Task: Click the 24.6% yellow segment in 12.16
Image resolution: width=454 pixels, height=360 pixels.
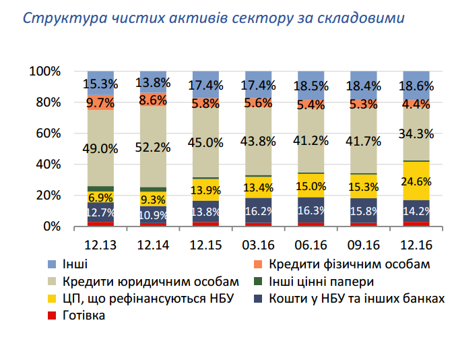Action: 416,181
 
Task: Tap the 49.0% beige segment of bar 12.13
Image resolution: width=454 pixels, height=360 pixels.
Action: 100,148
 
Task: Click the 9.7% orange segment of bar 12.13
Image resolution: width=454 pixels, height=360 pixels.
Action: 100,102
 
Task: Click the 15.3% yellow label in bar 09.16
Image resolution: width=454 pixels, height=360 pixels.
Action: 363,187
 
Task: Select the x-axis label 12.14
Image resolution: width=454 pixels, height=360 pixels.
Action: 152,245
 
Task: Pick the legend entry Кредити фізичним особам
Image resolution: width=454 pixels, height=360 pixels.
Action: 349,264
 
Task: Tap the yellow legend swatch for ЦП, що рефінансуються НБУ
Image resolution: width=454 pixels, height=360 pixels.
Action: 52,299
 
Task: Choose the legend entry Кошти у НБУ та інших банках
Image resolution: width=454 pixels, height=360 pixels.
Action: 356,299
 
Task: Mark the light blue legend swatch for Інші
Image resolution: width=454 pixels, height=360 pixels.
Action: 52,264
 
